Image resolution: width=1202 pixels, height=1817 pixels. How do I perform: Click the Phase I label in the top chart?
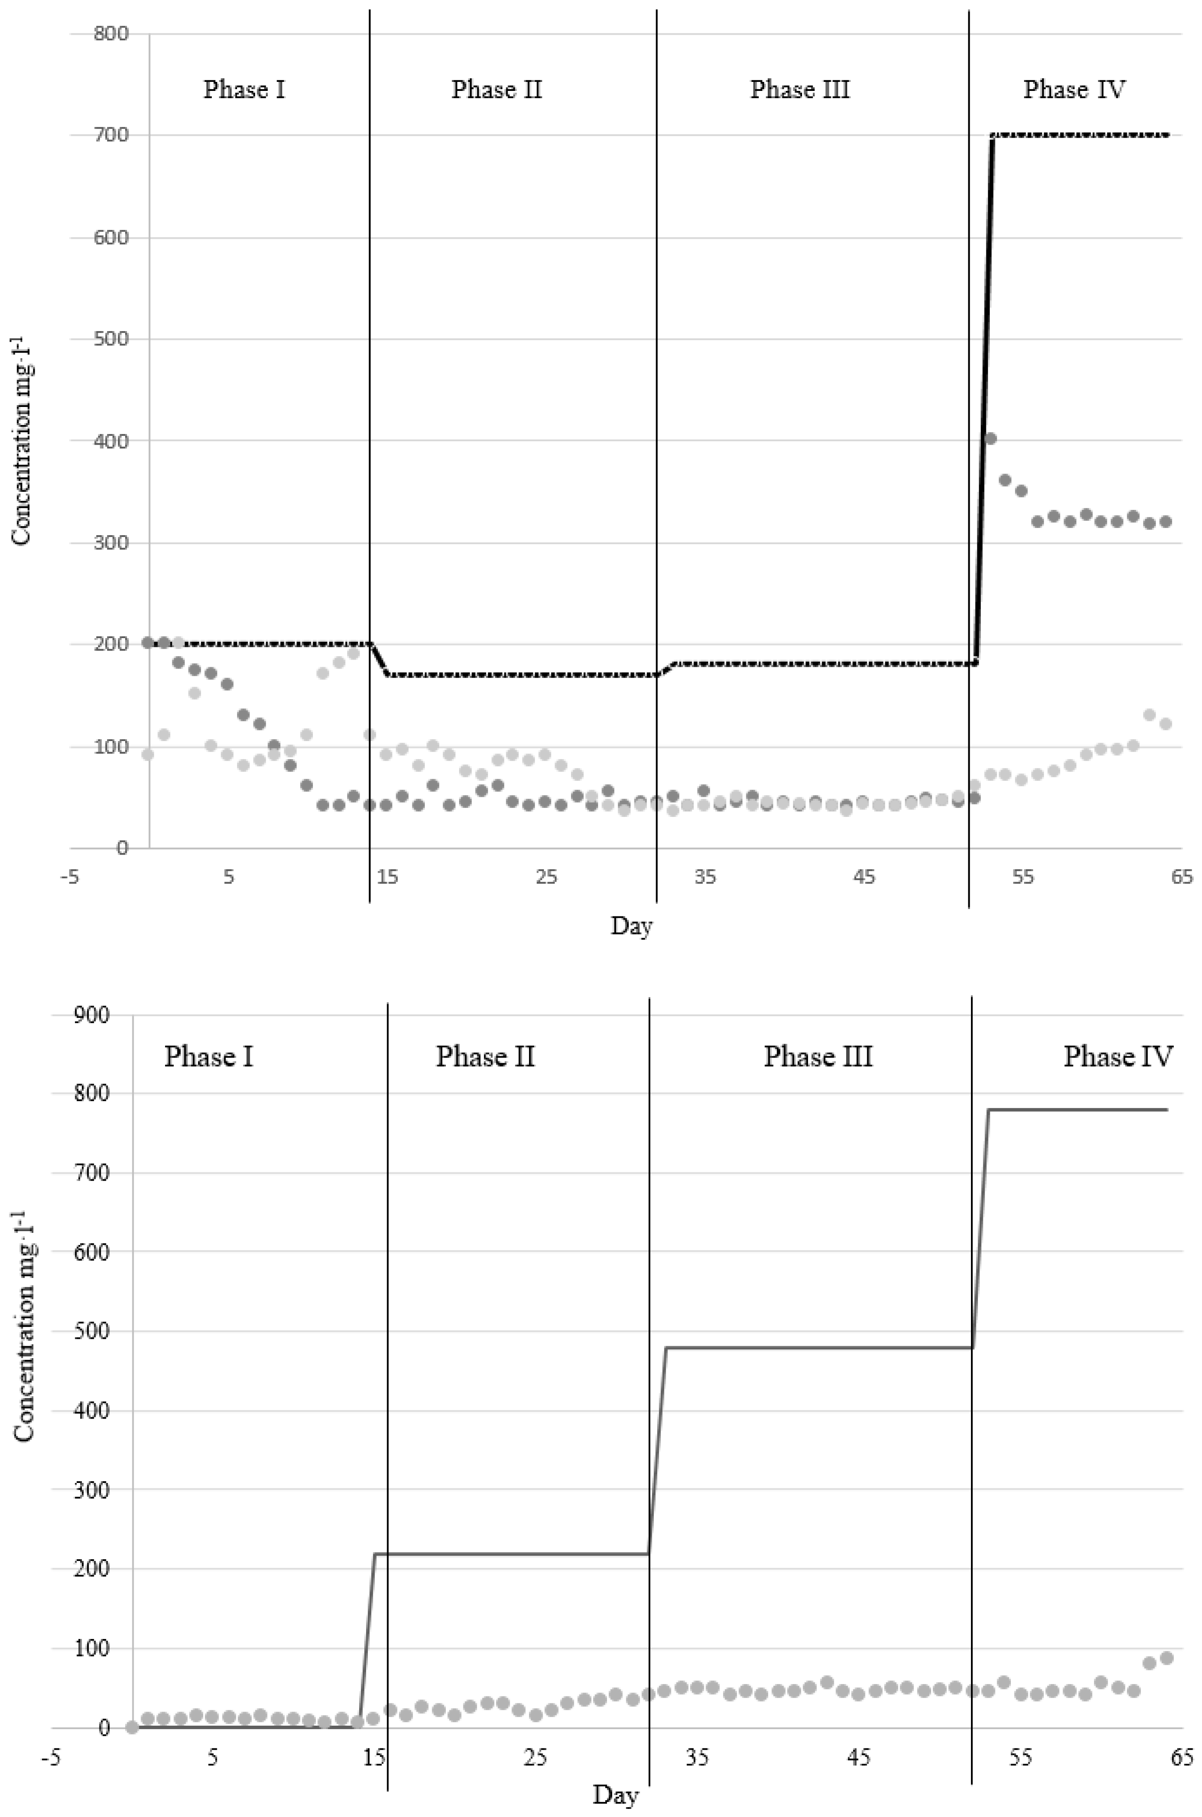tap(244, 90)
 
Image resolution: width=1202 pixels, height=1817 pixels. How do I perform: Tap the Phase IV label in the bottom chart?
tap(1117, 1057)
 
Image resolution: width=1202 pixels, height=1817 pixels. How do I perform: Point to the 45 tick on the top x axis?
tap(863, 876)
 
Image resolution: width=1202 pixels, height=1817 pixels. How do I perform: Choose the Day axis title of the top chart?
tap(631, 926)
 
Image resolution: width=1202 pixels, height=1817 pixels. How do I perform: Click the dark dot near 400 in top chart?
tap(990, 439)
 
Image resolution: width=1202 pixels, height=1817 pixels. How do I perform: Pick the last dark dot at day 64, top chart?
tap(1165, 522)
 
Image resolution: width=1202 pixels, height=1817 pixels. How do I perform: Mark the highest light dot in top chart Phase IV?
tap(1149, 714)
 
